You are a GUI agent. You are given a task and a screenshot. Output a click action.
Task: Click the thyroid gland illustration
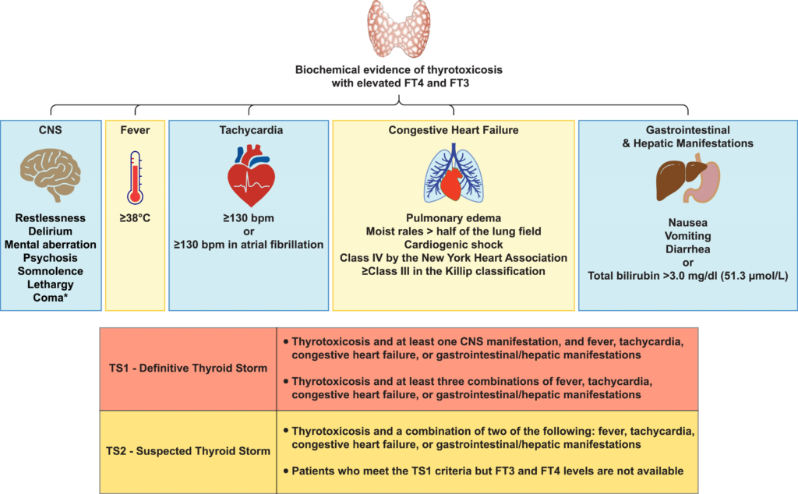[399, 29]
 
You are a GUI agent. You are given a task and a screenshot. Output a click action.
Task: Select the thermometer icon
[135, 178]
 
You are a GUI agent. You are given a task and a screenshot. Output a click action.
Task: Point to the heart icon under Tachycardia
[252, 175]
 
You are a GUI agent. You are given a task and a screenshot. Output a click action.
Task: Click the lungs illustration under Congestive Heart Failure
[454, 173]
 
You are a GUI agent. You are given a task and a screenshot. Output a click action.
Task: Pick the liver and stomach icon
[688, 181]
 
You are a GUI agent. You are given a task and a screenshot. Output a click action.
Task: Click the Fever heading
[135, 130]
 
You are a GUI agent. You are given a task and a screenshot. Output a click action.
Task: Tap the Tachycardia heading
[251, 130]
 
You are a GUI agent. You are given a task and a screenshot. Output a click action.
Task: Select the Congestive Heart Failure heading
[454, 130]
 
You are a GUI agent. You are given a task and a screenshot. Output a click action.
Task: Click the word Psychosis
[51, 258]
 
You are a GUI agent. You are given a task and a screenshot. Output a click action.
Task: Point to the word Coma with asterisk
[51, 298]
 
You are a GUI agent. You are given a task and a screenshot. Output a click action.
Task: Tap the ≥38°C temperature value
[135, 218]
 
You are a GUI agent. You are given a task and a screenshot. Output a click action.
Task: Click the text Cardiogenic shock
[454, 245]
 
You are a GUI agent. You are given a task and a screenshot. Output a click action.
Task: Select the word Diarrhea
[688, 249]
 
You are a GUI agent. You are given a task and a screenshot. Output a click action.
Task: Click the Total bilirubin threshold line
[688, 276]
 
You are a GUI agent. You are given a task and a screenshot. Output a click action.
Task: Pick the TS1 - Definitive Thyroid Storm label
[188, 368]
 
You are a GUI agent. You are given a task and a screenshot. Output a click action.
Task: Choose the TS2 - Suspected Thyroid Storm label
[188, 451]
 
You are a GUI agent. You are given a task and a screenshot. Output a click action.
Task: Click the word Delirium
[51, 231]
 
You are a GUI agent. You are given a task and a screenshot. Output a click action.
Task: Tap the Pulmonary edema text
[454, 218]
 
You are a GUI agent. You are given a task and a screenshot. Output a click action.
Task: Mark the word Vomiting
[688, 236]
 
